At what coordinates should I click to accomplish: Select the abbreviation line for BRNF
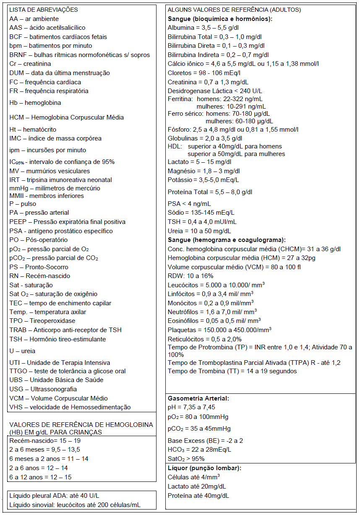(x=79, y=55)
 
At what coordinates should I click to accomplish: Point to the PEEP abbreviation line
(x=67, y=222)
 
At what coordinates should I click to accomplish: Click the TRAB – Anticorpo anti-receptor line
(x=65, y=330)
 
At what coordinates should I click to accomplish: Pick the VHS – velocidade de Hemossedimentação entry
(x=70, y=407)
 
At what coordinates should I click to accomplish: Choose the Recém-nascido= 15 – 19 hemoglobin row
(x=45, y=441)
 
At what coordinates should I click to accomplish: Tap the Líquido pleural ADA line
(x=54, y=496)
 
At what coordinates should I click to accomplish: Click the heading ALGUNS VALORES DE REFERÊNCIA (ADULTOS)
(x=234, y=10)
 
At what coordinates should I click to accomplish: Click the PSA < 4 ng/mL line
(x=189, y=204)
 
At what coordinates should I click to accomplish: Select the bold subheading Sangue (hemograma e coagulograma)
(x=227, y=240)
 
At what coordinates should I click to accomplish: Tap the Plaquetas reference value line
(x=219, y=330)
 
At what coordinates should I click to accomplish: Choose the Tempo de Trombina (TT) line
(x=232, y=371)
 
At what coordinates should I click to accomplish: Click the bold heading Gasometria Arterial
(x=198, y=398)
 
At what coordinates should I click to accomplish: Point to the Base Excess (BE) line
(x=205, y=441)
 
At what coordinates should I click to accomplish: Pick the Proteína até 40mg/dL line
(x=198, y=496)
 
